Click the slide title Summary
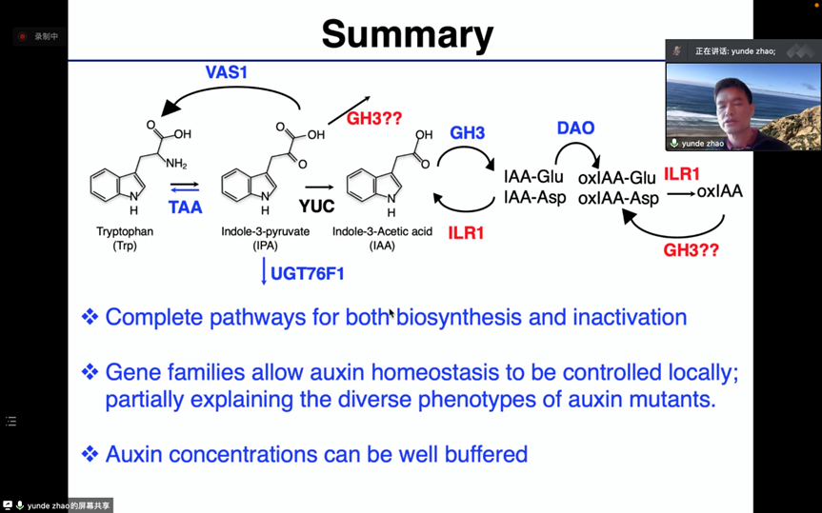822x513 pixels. coord(407,34)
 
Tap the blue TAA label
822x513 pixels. coord(185,207)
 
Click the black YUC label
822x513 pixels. coord(317,207)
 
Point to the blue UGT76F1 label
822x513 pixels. coord(308,274)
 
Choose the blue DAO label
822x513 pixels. coord(575,128)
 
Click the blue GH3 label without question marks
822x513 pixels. coord(468,133)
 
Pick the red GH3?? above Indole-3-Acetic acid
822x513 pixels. coord(374,119)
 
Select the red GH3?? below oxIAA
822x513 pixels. coord(691,250)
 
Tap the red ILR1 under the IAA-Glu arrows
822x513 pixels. coord(467,233)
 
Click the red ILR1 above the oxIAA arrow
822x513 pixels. coord(682,174)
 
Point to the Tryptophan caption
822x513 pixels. coord(125,231)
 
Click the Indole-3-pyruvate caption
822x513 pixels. coord(265,231)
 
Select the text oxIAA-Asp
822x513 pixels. coord(618,198)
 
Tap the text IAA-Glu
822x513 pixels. coord(533,177)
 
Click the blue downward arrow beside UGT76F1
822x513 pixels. coord(264,273)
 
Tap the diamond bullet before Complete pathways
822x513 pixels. coord(90,317)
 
